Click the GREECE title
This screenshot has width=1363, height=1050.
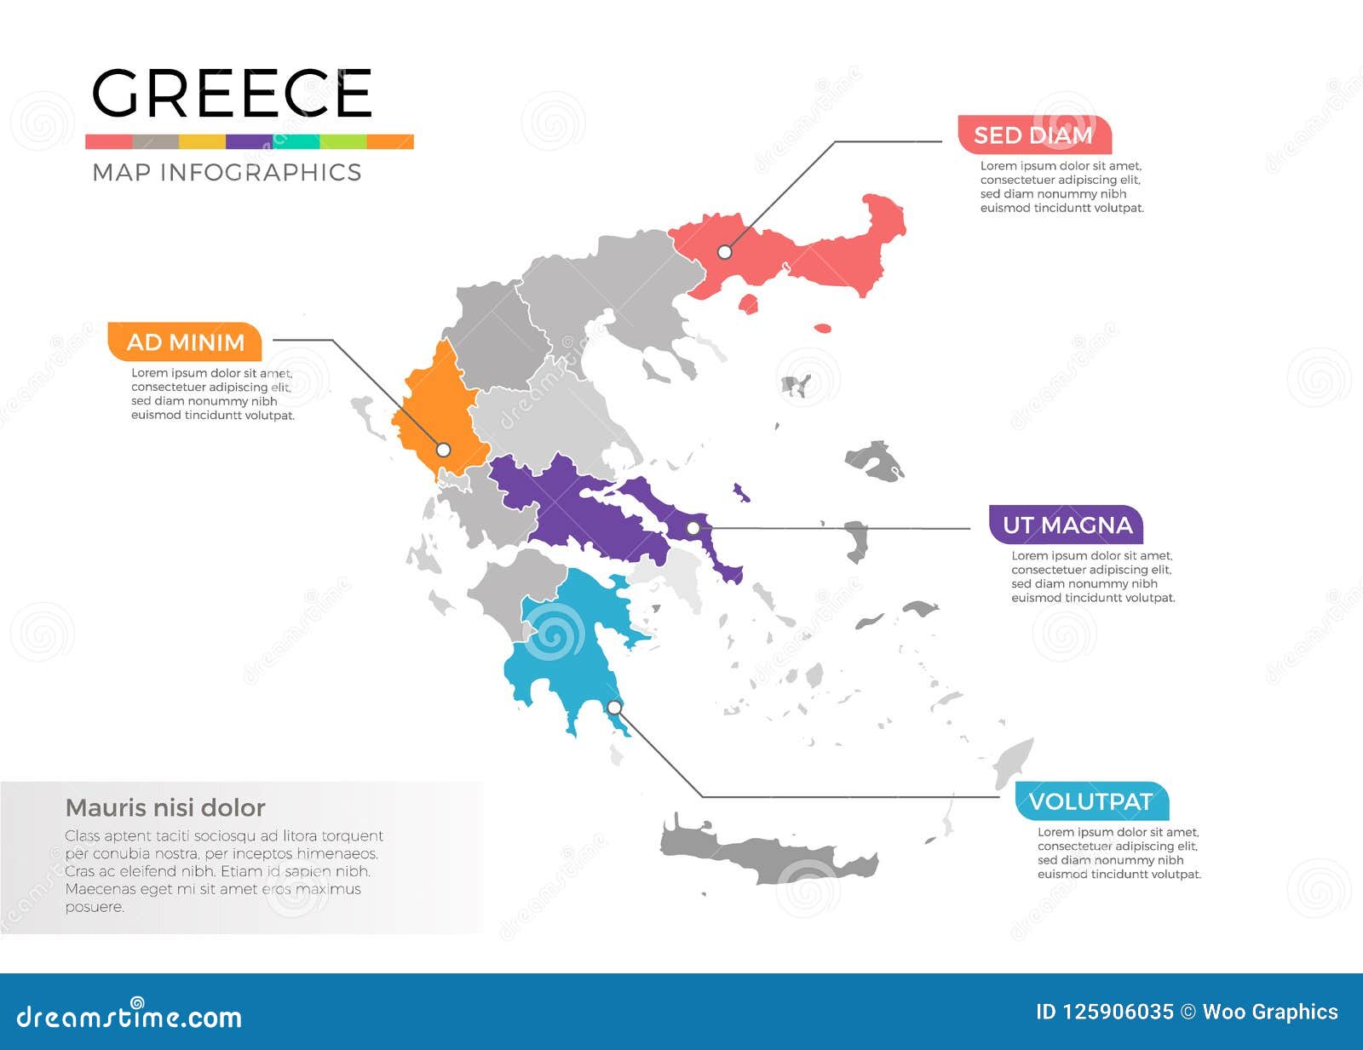(231, 94)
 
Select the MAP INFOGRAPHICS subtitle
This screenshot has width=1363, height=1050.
(227, 172)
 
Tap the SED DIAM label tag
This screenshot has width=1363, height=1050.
(1033, 135)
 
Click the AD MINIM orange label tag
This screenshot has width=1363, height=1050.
(185, 342)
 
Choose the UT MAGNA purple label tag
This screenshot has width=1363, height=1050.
(1067, 525)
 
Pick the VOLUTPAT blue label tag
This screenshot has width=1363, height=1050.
(1090, 801)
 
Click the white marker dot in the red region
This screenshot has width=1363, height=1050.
(724, 252)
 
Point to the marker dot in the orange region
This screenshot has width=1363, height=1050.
(443, 450)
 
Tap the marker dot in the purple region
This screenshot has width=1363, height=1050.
(693, 528)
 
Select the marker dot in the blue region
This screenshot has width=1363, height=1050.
(614, 708)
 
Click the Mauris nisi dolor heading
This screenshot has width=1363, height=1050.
(165, 807)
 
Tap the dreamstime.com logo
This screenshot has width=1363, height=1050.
(129, 1015)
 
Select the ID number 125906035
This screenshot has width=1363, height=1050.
(1104, 1012)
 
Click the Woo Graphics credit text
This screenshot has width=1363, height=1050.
(1269, 1012)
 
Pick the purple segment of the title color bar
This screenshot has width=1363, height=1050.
(249, 142)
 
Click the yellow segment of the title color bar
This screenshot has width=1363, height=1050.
(202, 142)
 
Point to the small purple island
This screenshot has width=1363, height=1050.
(740, 492)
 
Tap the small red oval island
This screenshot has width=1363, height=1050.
(822, 328)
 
